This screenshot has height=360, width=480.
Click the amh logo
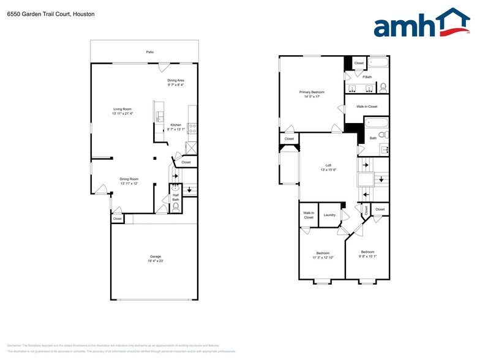pos(422,24)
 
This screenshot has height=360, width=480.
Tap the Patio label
pos(149,52)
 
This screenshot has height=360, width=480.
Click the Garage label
pos(155,257)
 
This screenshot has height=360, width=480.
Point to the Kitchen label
pos(176,125)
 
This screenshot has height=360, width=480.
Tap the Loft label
pos(328,165)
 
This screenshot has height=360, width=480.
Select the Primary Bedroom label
pos(312,92)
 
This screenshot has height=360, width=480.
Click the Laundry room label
pos(329,215)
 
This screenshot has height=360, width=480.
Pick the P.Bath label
pos(367,77)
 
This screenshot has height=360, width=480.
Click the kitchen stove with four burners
pos(192,129)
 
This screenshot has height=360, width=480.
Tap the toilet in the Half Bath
pos(175,207)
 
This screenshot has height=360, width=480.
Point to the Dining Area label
pos(176,80)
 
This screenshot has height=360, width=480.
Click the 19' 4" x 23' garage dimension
pos(155,261)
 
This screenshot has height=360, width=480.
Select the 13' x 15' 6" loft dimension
pos(328,170)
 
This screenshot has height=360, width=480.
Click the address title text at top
pos(51,13)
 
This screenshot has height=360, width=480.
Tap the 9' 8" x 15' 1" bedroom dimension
pos(367,257)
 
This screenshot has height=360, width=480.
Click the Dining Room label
pos(129,179)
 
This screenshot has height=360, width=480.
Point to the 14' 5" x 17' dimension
pos(312,97)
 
